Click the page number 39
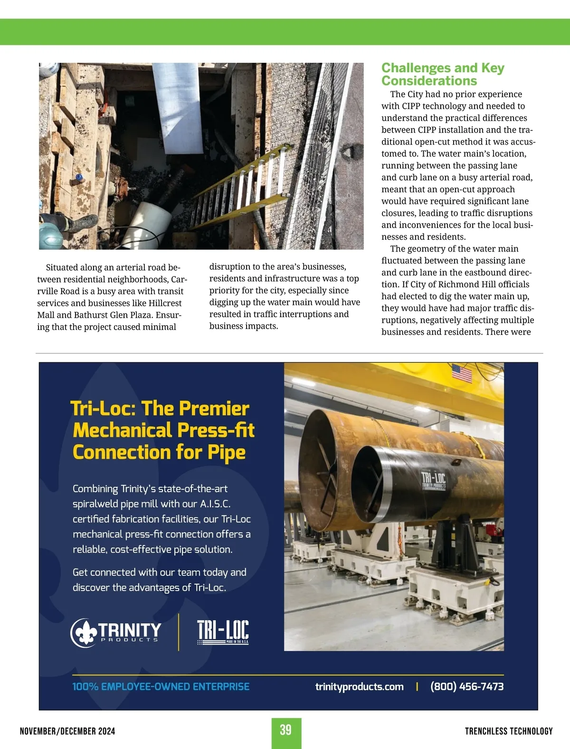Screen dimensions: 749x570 285,730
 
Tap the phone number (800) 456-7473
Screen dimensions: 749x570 466,686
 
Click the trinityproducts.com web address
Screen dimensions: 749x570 359,686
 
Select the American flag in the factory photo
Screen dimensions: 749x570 462,373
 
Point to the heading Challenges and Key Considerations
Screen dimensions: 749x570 442,74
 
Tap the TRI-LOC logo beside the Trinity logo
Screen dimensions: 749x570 223,632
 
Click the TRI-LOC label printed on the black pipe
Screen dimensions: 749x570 434,480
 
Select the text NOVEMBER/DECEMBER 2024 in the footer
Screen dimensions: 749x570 67,731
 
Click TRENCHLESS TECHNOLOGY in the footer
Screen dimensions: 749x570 508,731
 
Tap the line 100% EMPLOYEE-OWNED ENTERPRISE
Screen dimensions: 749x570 161,686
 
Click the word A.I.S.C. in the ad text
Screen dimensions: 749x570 215,504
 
